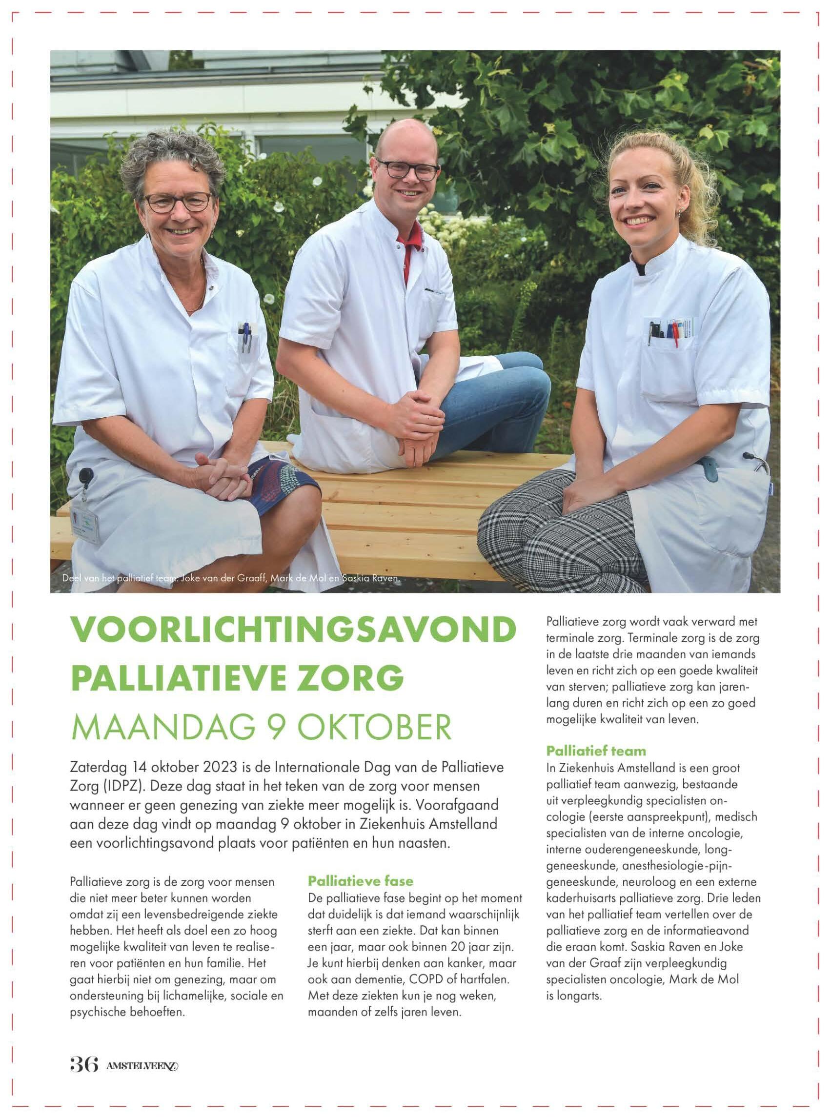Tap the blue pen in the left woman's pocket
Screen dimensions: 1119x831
(246, 336)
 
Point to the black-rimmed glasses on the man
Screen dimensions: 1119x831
(407, 169)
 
